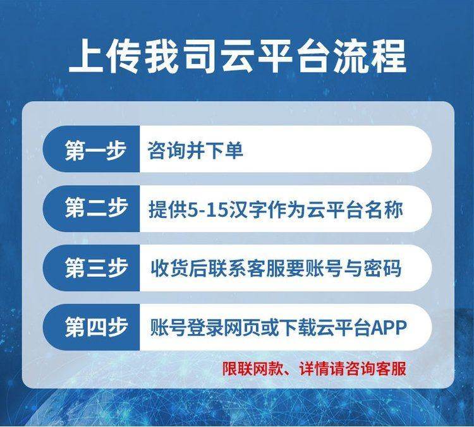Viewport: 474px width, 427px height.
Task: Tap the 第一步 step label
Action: (95, 150)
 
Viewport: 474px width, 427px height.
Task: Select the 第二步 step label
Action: (95, 208)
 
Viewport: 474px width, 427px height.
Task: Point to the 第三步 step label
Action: (95, 268)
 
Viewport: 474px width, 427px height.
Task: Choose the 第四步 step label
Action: (95, 327)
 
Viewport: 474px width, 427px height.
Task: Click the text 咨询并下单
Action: (195, 150)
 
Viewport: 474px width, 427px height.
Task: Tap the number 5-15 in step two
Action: (207, 210)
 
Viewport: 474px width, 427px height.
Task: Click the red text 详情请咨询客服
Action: (353, 369)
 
